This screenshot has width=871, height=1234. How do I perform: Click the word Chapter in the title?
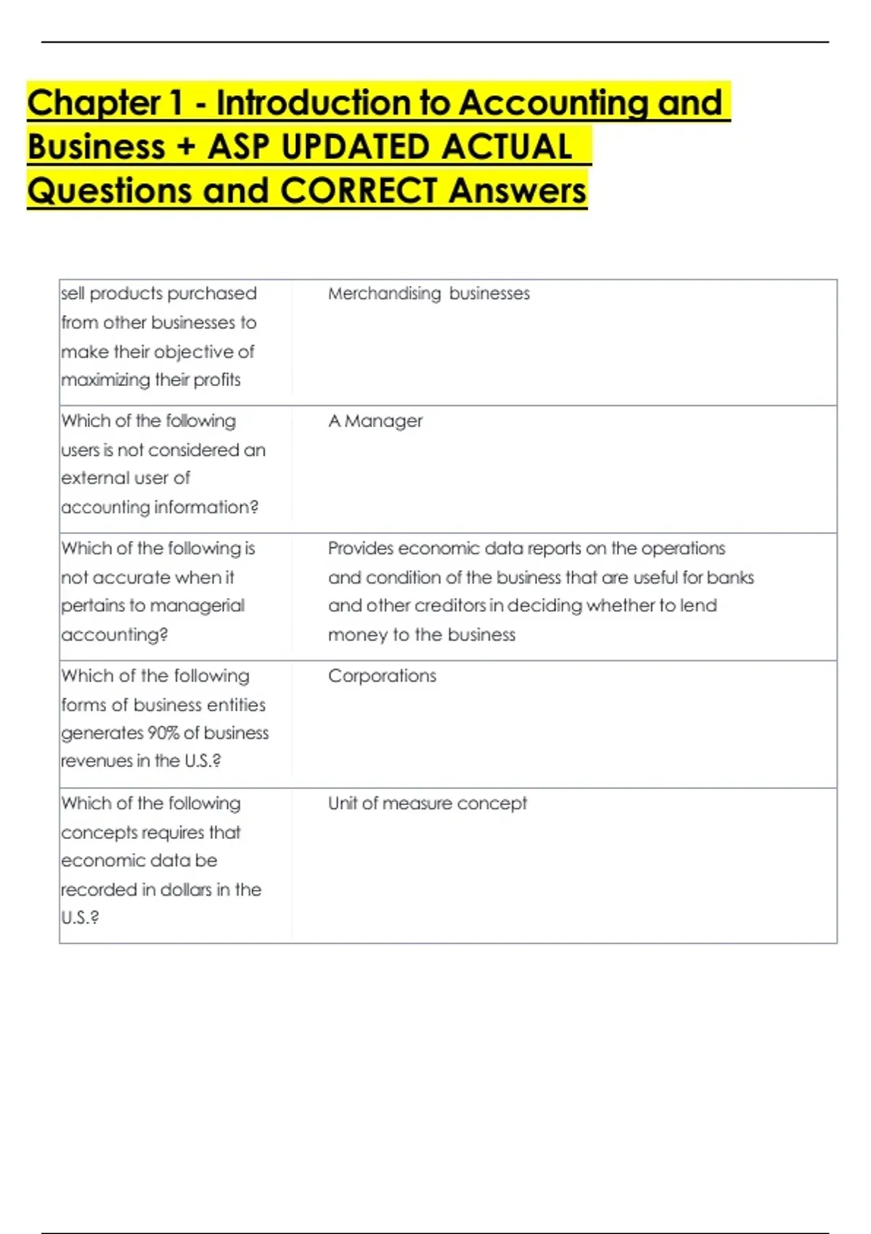pos(94,103)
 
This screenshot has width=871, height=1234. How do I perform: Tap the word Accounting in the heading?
pos(554,103)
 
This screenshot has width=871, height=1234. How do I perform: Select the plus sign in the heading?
pos(186,147)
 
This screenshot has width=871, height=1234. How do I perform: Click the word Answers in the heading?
pos(517,191)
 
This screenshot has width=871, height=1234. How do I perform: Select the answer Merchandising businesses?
pos(428,293)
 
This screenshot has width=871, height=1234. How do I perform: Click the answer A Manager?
pos(375,421)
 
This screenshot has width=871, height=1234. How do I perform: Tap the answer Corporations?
pos(382,676)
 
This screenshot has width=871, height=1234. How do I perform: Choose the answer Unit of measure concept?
pos(428,804)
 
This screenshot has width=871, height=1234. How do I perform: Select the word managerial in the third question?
pos(197,605)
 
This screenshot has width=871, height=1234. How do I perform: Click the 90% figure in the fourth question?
pos(163,733)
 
